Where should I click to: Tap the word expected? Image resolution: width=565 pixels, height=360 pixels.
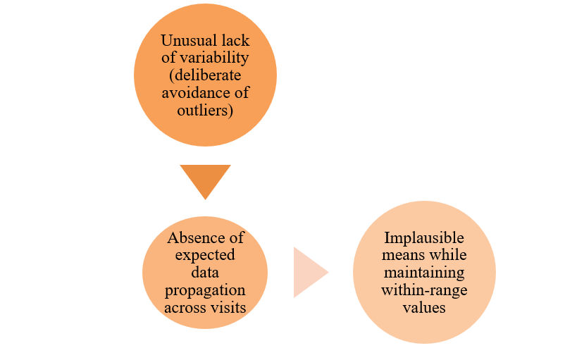(205, 255)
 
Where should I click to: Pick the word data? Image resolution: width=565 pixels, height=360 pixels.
(205, 273)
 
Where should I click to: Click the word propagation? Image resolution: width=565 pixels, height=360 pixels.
(205, 290)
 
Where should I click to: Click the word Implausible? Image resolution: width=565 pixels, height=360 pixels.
(424, 238)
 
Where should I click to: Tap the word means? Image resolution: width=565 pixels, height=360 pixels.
(400, 255)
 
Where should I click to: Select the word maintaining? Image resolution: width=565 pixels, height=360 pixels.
(424, 273)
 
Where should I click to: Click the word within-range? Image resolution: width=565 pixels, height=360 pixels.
(424, 290)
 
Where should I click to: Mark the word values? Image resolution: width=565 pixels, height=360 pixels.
(424, 307)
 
